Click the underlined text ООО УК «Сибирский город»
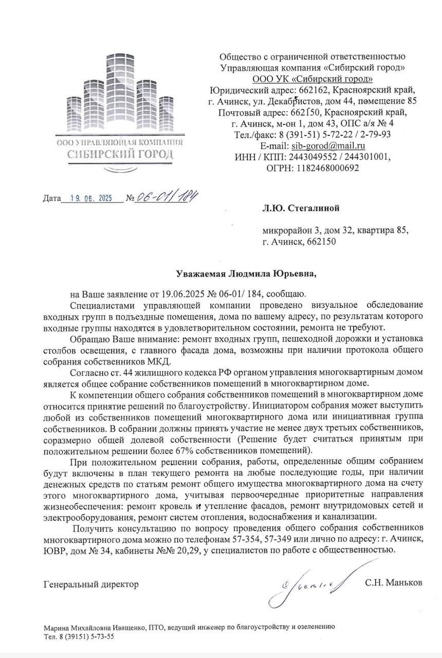coord(312,79)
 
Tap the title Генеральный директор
coord(91,584)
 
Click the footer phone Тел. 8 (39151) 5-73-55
coord(79,636)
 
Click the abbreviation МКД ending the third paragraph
coord(159,361)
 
